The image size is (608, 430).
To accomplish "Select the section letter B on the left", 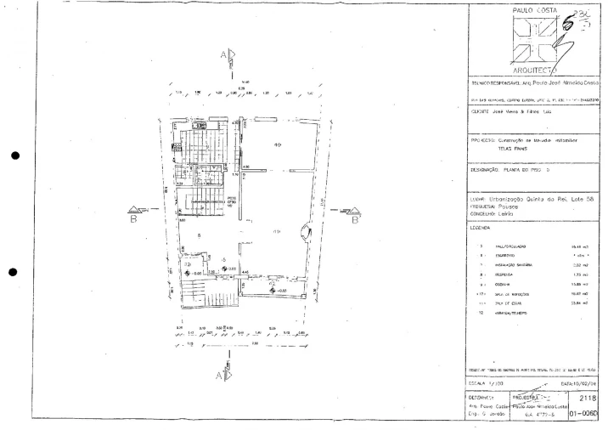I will (133, 218).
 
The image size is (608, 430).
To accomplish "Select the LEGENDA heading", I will (481, 228).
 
